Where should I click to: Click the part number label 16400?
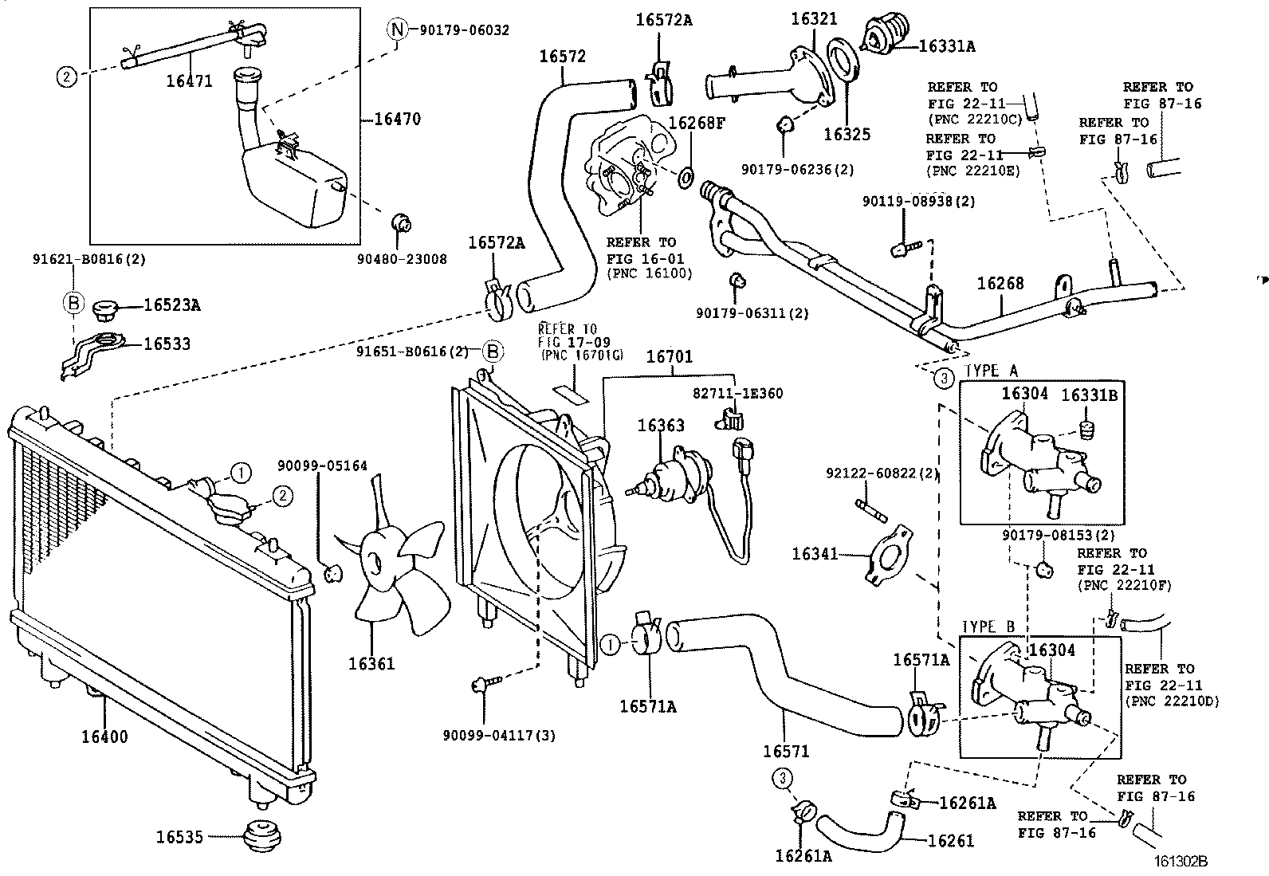[x=104, y=737]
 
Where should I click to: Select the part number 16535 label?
[x=179, y=837]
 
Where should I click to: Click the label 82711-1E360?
[x=737, y=393]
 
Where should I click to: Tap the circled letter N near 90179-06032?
[x=397, y=29]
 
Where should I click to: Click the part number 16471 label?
[x=190, y=81]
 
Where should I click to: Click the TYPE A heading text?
[x=992, y=371]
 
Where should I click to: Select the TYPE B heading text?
[x=988, y=627]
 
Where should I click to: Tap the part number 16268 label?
[x=1000, y=284]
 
